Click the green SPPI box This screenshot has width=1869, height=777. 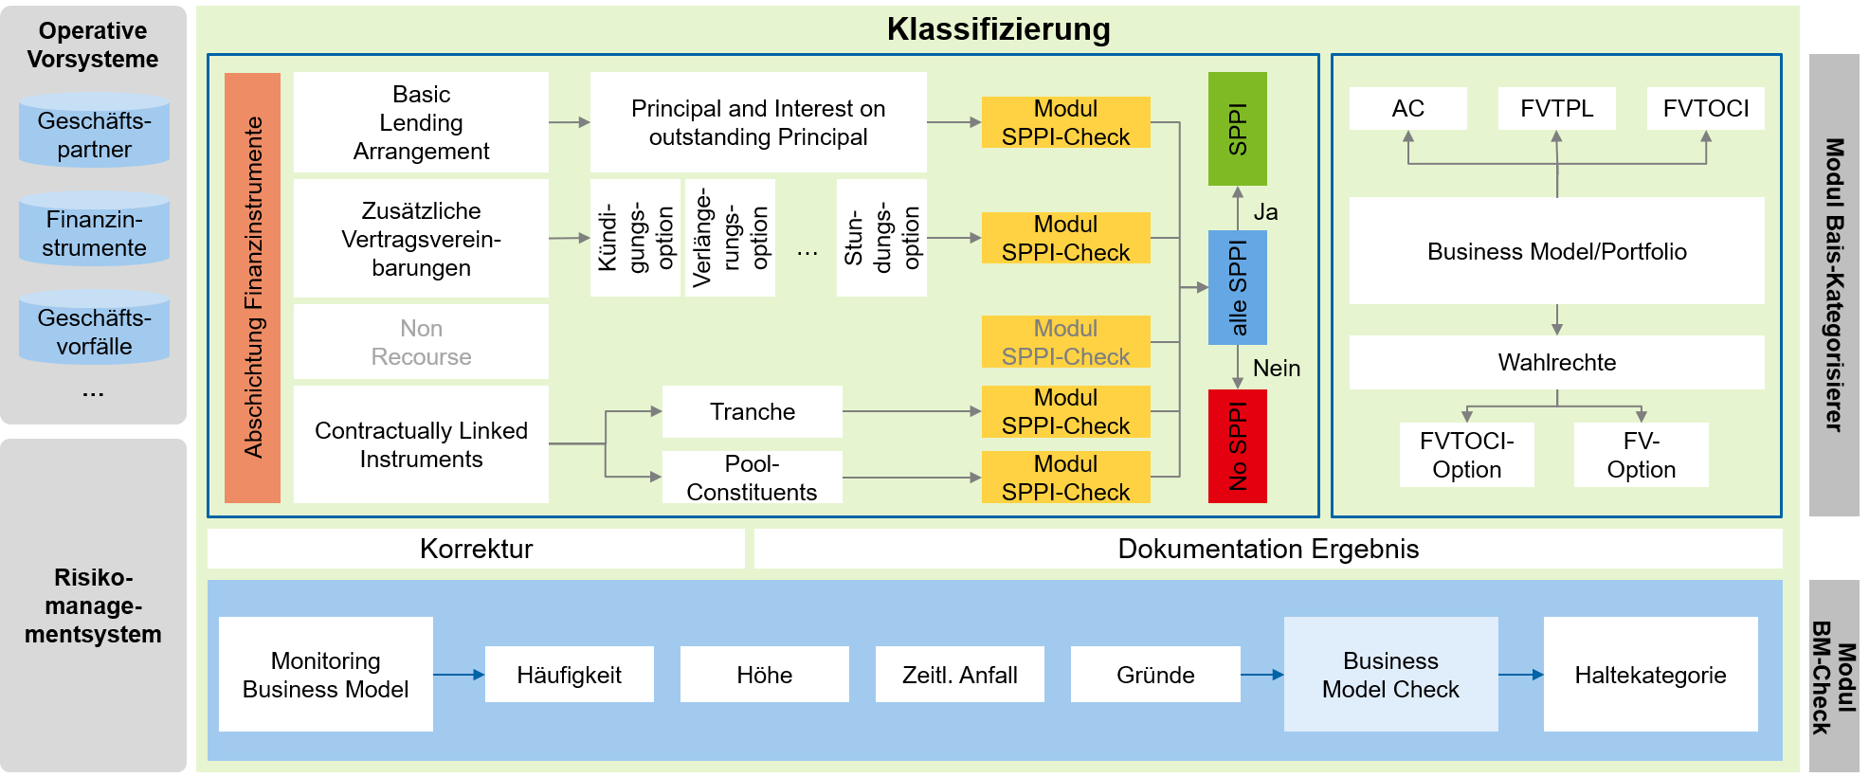[x=1237, y=128]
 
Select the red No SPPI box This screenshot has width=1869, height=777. [x=1237, y=445]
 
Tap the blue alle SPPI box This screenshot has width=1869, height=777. [x=1237, y=287]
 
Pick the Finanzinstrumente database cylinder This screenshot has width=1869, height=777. [x=94, y=230]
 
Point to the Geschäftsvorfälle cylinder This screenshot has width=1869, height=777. [x=94, y=329]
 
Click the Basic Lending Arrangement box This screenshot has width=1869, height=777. [x=421, y=122]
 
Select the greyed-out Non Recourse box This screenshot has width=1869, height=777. [x=421, y=342]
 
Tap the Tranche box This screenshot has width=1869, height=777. [x=752, y=411]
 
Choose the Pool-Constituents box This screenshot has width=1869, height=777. [x=752, y=477]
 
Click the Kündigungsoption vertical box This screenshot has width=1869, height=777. [x=635, y=238]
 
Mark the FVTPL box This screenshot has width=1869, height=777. [x=1556, y=108]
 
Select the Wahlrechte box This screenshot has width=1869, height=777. [x=1556, y=362]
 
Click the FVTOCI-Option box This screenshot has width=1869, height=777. [x=1466, y=455]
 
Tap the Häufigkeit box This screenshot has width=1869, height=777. [x=569, y=675]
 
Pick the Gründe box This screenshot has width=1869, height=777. [x=1154, y=675]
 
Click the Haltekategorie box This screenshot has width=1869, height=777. [x=1650, y=675]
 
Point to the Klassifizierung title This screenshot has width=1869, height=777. [x=998, y=29]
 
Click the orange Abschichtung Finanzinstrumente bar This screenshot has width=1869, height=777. [x=252, y=287]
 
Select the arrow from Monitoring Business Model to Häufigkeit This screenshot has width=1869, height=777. [x=459, y=675]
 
